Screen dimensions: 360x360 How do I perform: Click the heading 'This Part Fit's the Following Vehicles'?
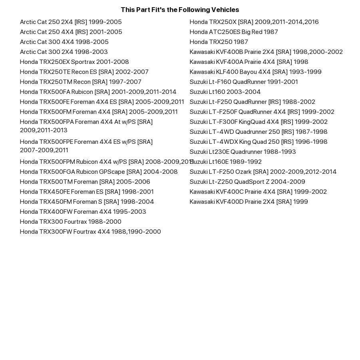point(180,10)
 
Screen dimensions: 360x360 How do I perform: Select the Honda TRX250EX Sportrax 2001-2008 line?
point(74,62)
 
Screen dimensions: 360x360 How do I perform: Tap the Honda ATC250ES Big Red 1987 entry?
point(234,32)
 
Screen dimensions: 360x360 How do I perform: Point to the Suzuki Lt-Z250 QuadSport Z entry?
point(247,182)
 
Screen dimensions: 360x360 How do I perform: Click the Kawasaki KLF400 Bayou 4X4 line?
point(255,72)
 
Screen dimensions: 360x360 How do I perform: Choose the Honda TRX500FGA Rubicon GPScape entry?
point(99,172)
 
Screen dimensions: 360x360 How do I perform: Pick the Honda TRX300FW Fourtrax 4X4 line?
point(90,232)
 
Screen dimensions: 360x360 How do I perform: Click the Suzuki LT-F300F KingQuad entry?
point(259,122)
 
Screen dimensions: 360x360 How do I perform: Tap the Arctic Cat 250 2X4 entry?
point(71,22)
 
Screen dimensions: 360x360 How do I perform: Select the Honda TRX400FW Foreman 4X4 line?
point(83,212)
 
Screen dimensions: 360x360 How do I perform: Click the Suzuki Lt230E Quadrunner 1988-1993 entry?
point(243,152)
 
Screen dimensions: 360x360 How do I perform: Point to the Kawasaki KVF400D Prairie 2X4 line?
point(249,202)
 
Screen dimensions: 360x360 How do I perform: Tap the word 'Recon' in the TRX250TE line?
point(80,72)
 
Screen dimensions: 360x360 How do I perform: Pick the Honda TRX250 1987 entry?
point(219,42)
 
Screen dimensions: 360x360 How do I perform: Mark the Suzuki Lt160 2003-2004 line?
point(225,92)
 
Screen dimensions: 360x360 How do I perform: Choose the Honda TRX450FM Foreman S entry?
point(87,202)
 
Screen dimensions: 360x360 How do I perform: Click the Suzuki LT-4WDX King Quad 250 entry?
point(259,142)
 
